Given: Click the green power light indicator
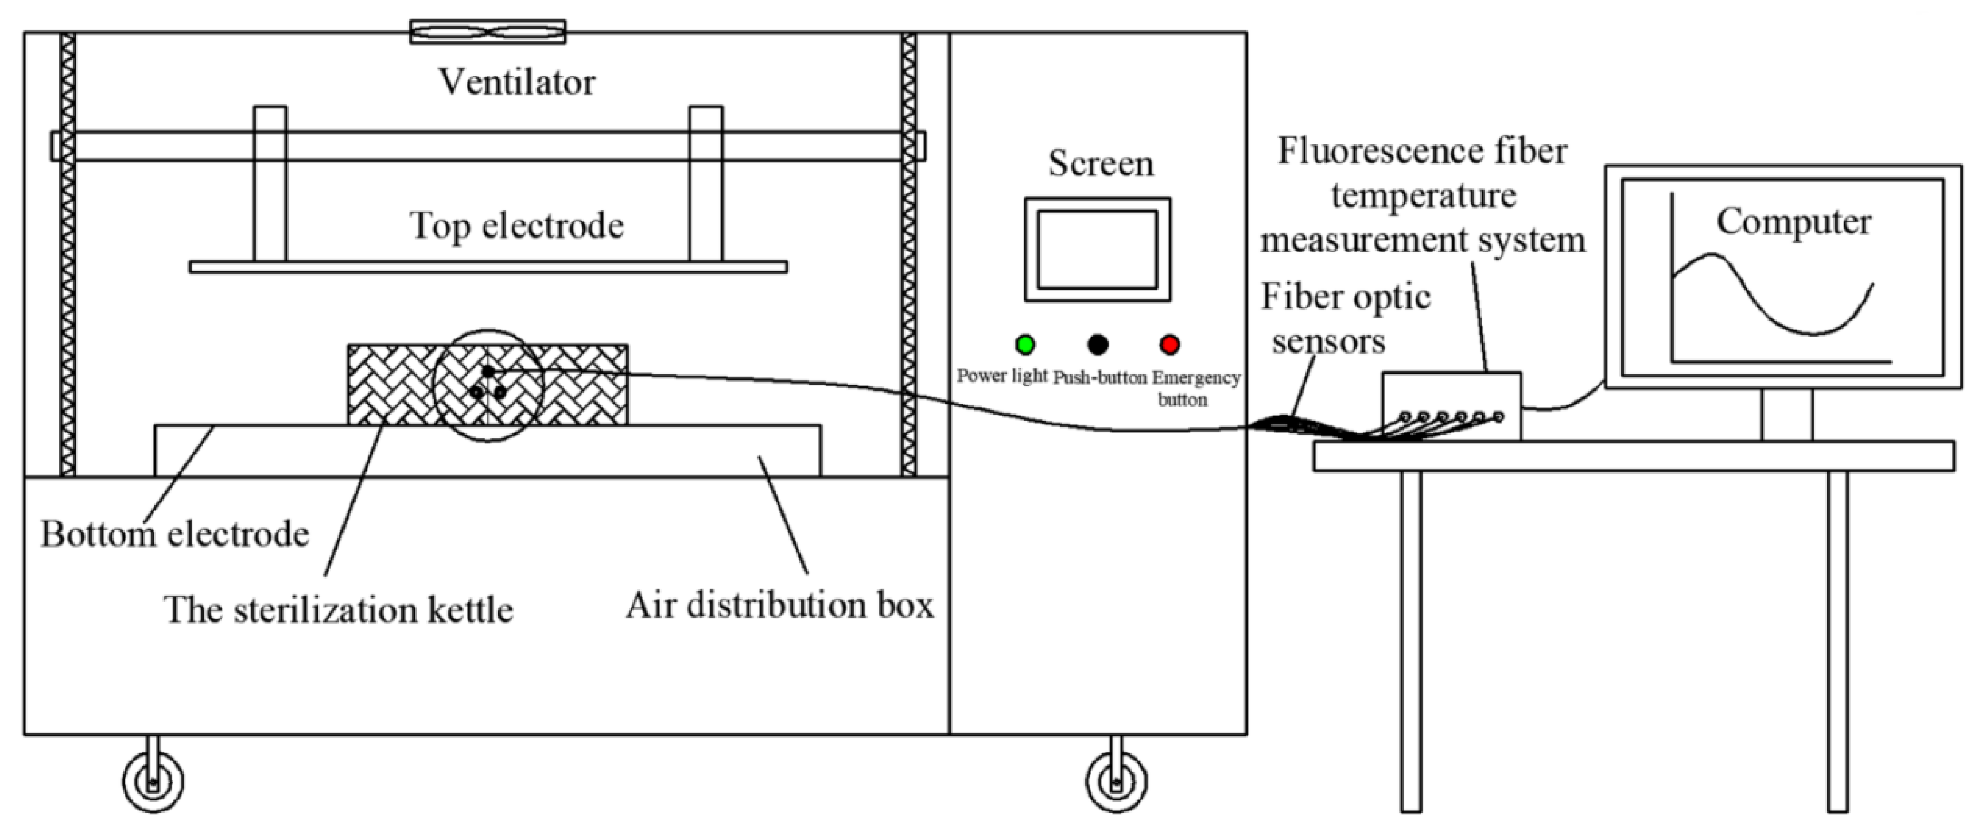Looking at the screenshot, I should click(1024, 345).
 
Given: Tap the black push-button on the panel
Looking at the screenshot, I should click(1097, 345).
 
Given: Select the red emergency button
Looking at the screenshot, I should click(1169, 345).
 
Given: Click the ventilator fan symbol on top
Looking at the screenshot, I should click(488, 32).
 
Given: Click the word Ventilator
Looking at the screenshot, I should click(516, 82).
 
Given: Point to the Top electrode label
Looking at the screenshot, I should click(516, 225).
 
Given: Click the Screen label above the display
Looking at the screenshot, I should click(1101, 164).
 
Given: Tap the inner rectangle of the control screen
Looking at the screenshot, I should click(1097, 249).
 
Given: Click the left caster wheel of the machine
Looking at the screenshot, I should click(153, 782).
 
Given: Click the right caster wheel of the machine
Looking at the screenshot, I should click(1117, 782).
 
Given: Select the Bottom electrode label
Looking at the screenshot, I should click(174, 534).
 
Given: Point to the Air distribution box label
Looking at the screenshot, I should click(779, 605).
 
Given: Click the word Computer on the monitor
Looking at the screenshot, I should click(1793, 222).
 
